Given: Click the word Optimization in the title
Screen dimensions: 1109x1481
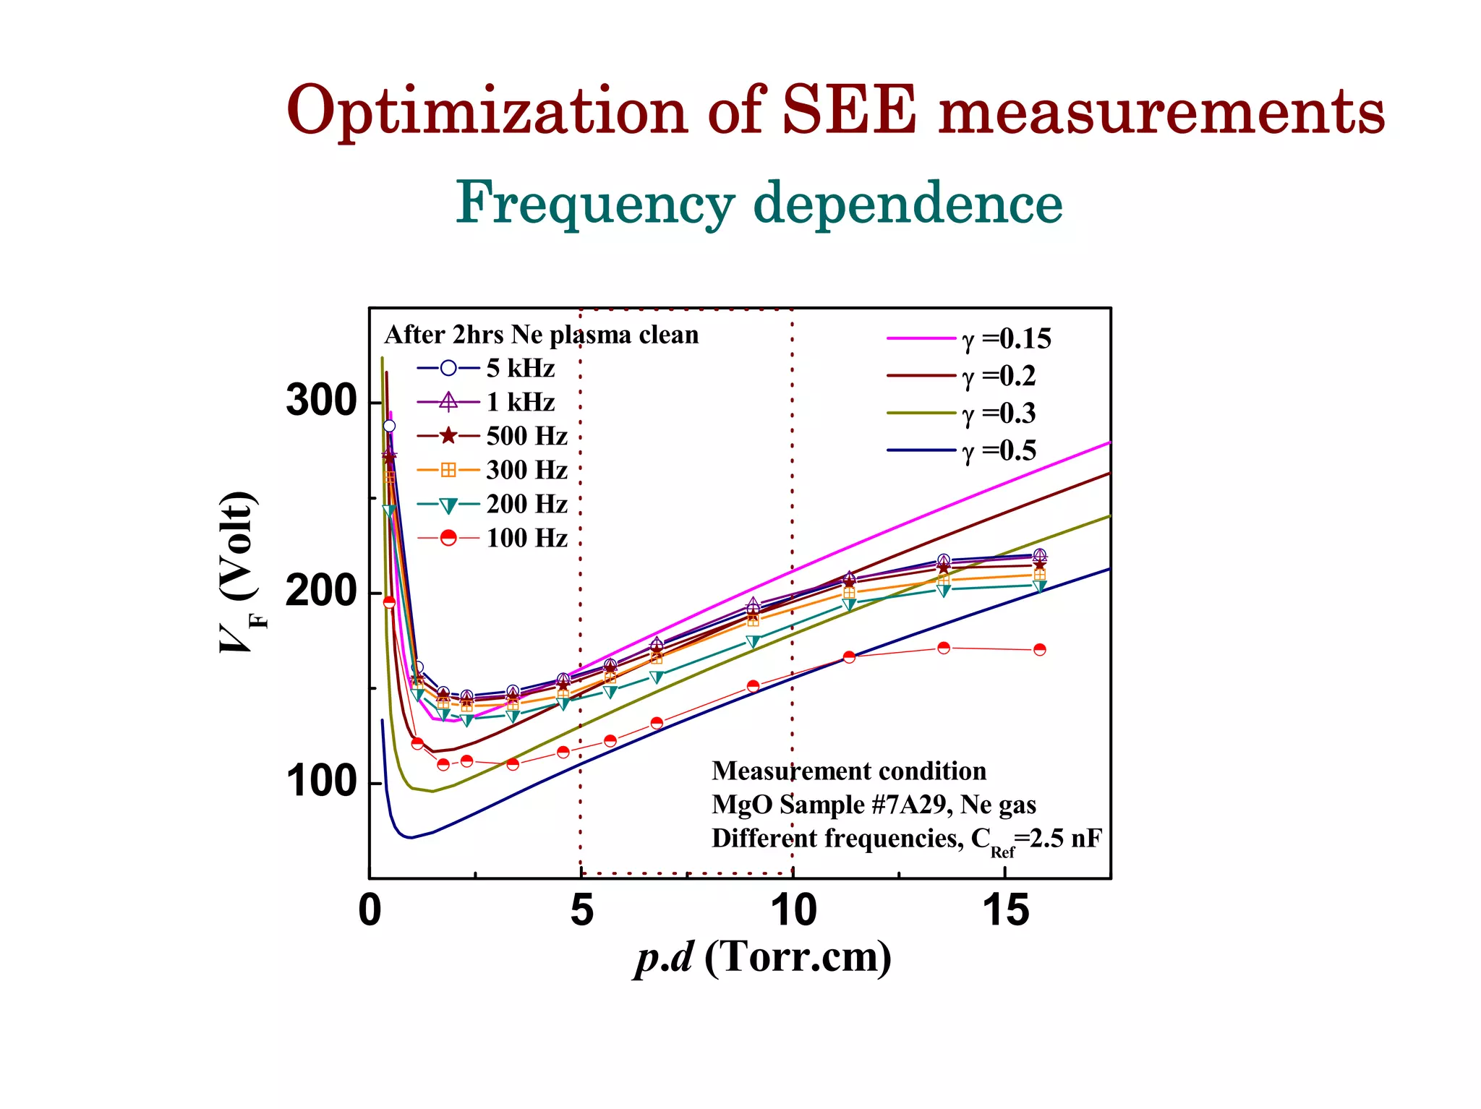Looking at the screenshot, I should coord(487,112).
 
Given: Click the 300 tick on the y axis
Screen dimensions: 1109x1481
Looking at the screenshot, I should coord(322,401).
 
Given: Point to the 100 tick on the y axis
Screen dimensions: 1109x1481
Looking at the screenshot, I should coord(322,783).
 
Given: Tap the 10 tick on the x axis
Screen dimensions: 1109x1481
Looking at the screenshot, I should coord(793,910).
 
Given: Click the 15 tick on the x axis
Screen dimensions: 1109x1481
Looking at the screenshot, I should coord(1005,910).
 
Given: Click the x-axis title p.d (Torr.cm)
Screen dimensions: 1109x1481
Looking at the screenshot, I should coord(763,958).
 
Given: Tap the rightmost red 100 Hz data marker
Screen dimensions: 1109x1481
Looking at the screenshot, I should coord(1039,649).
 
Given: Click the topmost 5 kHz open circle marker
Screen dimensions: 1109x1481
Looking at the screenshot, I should coord(389,426).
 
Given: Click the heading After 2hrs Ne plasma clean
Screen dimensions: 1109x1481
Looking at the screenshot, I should coord(541,335).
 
